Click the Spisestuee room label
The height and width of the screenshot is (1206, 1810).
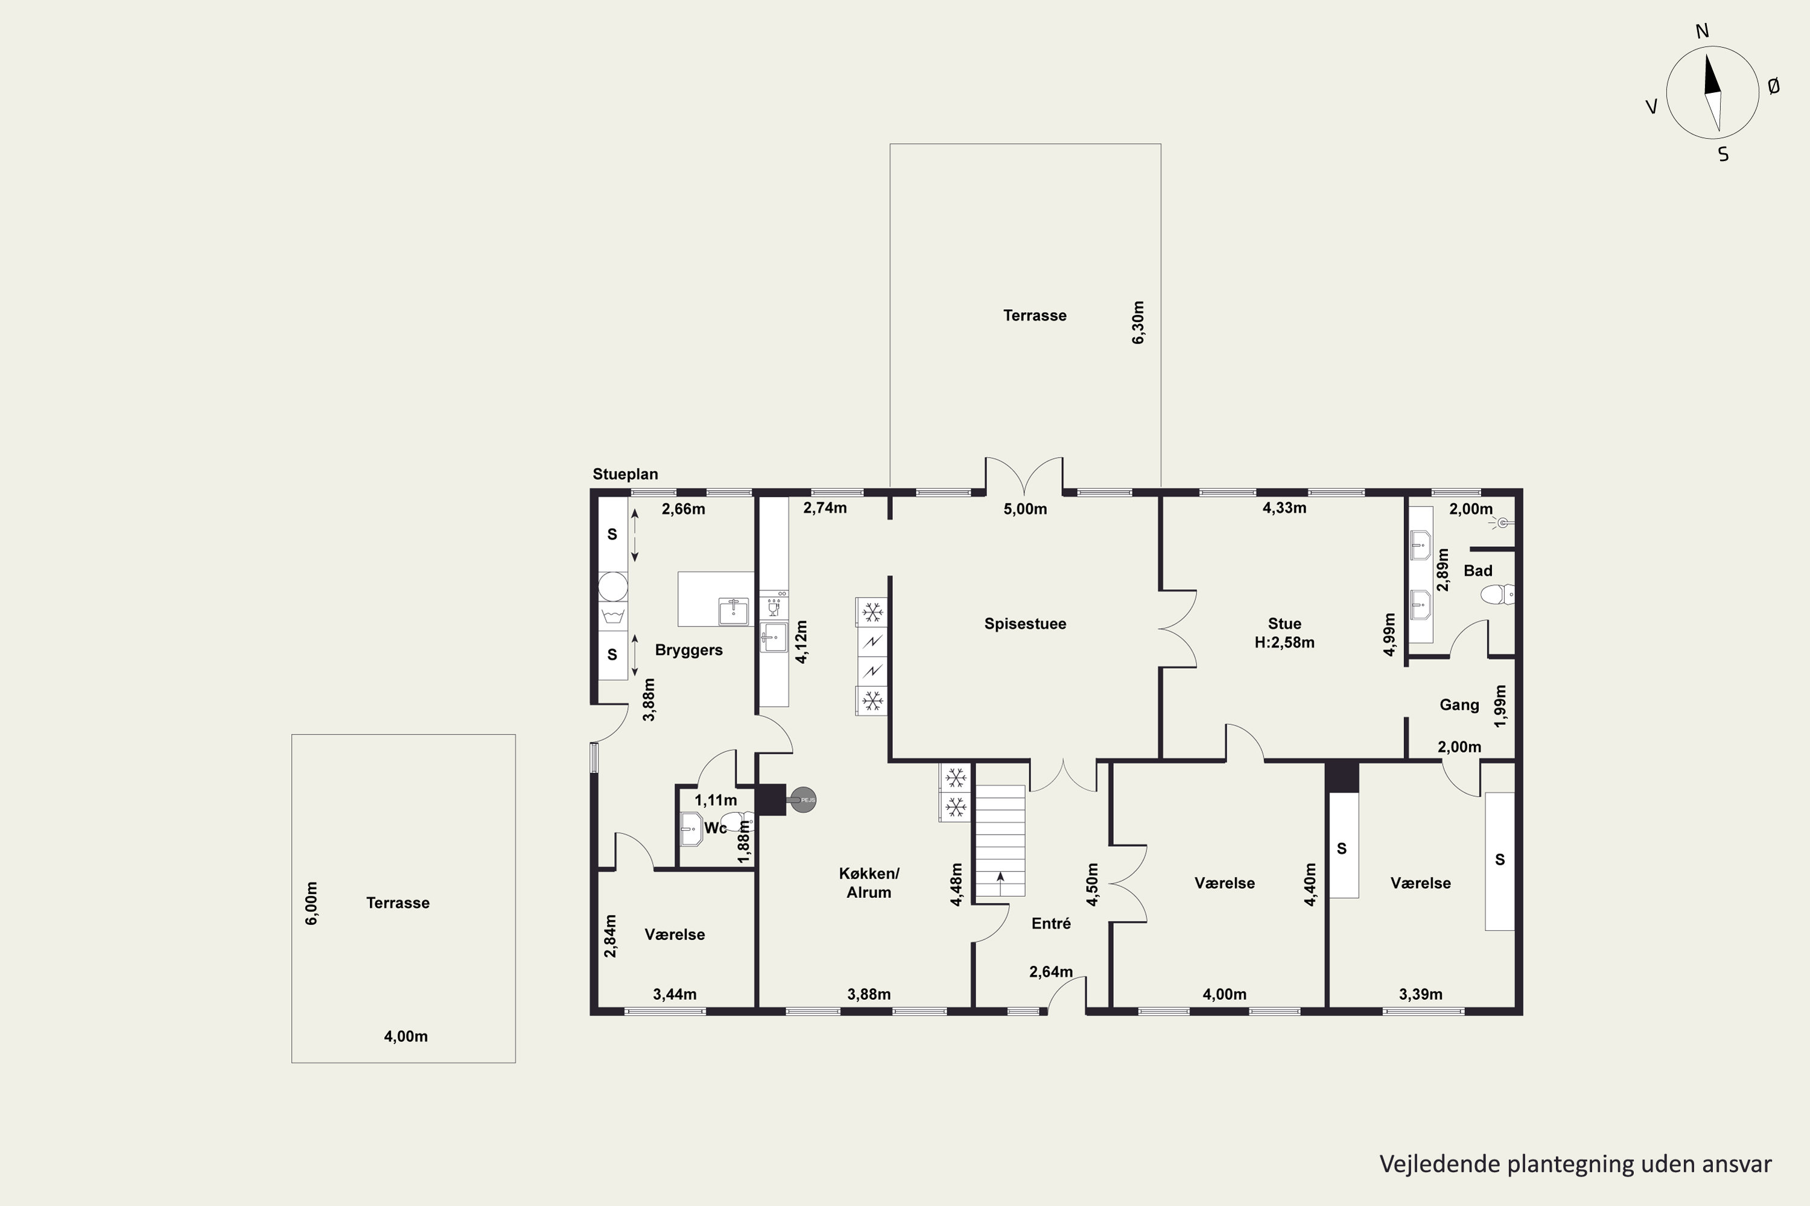[x=1025, y=624]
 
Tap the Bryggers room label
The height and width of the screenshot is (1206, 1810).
[x=689, y=650]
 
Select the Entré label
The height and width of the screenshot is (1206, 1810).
[x=1051, y=924]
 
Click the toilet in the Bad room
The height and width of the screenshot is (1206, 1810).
[x=1497, y=595]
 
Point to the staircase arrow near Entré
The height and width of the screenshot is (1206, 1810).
[x=1000, y=883]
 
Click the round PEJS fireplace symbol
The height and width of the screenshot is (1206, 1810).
[x=802, y=800]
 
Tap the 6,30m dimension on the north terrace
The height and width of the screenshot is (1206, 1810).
[x=1138, y=322]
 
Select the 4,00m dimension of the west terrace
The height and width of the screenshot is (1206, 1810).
[x=405, y=1037]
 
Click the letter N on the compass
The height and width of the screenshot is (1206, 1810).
[x=1701, y=31]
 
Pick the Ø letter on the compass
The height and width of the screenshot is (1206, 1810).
[x=1773, y=87]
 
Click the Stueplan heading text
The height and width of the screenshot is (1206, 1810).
[x=625, y=475]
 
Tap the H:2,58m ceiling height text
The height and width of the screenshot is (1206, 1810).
[x=1284, y=642]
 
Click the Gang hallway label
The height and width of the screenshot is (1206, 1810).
[x=1459, y=704]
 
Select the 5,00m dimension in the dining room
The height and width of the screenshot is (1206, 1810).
[x=1025, y=509]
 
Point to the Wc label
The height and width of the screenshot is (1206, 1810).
[x=716, y=827]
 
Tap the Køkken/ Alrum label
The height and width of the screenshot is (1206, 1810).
[x=869, y=883]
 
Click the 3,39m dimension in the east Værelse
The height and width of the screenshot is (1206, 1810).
[x=1421, y=994]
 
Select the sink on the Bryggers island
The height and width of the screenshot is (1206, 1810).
[x=734, y=611]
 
